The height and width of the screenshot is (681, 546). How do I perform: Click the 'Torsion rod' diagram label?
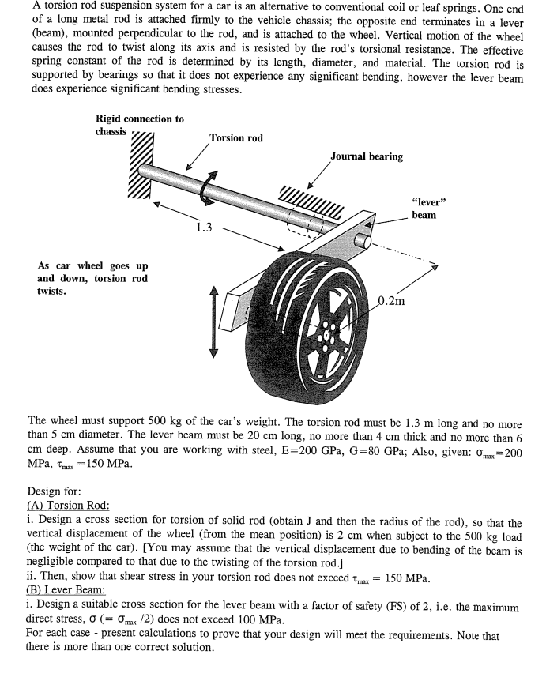(236, 138)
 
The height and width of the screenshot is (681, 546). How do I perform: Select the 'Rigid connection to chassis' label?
(139, 125)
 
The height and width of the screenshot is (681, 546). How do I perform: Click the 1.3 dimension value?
(203, 228)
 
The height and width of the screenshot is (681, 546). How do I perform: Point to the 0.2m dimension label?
(393, 301)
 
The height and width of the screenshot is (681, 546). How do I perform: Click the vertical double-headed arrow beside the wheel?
(212, 320)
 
